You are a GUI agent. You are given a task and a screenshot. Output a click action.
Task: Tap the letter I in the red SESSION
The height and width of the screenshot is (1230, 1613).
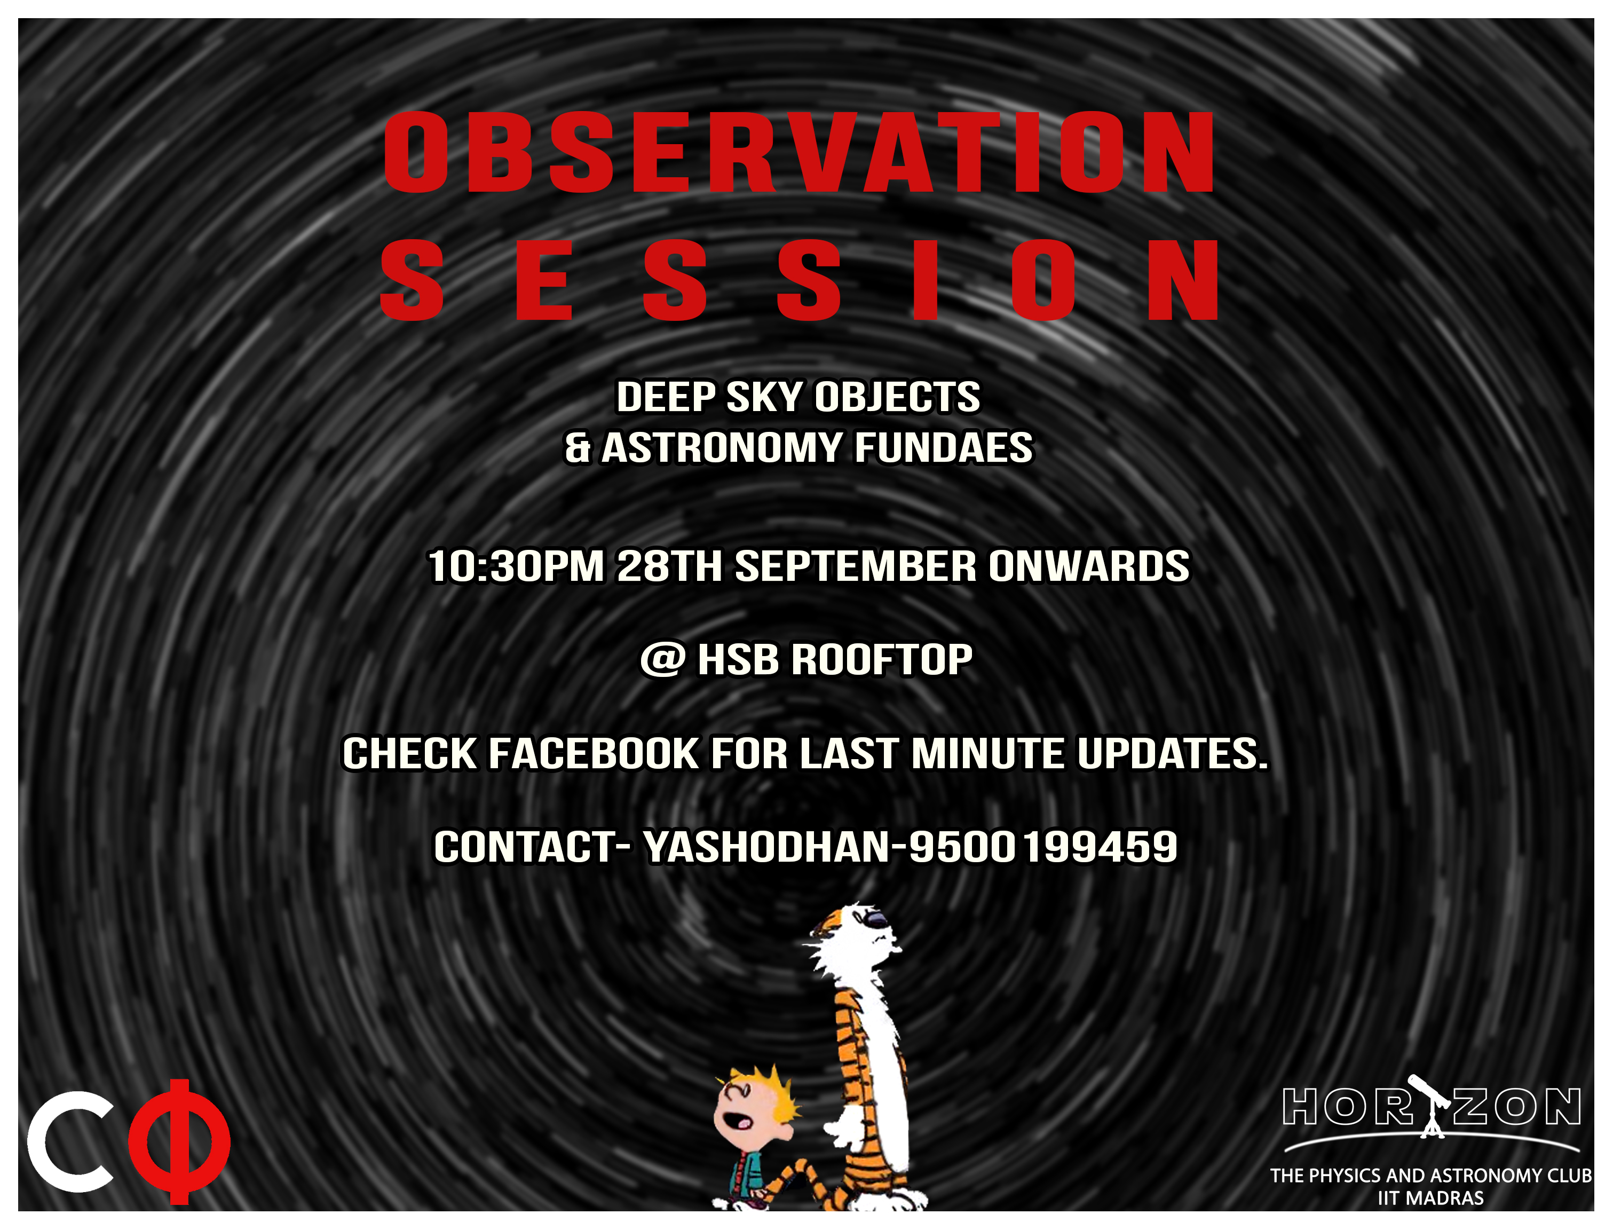pos(925,280)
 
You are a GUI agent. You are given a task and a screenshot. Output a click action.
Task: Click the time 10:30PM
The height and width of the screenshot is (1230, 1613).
pos(516,566)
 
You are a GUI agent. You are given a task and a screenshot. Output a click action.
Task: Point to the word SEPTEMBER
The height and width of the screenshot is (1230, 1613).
pos(856,566)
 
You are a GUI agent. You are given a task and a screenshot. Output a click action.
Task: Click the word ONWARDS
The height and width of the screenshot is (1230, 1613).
pos(1089,566)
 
